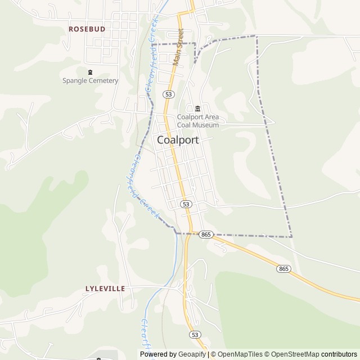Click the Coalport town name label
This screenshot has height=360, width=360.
click(178, 140)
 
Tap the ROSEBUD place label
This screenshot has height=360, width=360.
click(87, 28)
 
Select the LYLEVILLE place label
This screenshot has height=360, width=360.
click(105, 289)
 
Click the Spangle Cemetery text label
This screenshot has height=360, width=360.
click(91, 80)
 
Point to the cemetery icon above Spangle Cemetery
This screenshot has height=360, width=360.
click(91, 71)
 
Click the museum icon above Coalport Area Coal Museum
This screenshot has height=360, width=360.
click(197, 109)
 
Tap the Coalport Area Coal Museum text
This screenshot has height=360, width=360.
click(197, 121)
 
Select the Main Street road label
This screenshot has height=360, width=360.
click(179, 47)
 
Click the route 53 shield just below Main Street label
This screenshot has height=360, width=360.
click(169, 93)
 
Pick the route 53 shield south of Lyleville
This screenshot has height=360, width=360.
click(195, 334)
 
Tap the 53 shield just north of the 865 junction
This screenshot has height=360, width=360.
click(186, 204)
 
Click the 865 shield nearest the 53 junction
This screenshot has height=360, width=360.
click(206, 234)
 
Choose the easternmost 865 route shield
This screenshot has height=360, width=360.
click(283, 269)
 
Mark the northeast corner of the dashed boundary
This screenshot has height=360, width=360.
click(256, 37)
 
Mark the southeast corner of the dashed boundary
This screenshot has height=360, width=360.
click(292, 237)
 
